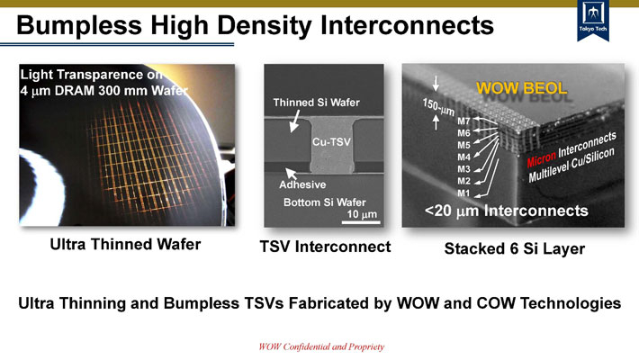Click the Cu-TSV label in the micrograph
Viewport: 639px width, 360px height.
tap(331, 142)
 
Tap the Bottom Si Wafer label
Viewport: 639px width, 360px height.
tap(319, 202)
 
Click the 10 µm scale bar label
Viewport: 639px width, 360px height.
tap(361, 215)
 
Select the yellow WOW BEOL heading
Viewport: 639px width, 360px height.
tap(521, 88)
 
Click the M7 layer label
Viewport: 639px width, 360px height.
tap(464, 120)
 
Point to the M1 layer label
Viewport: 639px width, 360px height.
tap(464, 193)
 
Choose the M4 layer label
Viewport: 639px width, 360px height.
tap(464, 157)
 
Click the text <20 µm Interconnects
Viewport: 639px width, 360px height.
tap(506, 211)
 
